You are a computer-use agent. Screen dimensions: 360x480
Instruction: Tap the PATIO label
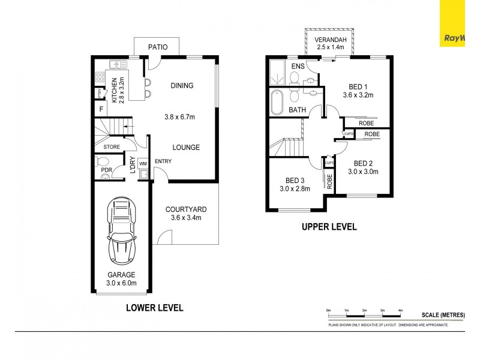tap(155, 47)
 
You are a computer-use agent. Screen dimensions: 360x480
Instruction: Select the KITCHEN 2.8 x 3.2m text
tap(117, 89)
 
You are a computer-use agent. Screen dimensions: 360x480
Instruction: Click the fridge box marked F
tap(101, 109)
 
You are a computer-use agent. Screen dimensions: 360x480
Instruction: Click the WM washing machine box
tap(143, 163)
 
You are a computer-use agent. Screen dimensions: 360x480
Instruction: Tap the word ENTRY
tap(163, 161)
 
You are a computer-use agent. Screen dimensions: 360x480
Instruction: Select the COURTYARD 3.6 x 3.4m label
tap(186, 214)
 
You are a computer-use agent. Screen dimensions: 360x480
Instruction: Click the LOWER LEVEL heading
tap(154, 308)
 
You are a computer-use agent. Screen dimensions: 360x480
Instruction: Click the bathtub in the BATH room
tap(277, 103)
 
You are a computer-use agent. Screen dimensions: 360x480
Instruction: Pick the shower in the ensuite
tap(278, 73)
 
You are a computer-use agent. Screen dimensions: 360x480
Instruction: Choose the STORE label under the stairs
tap(112, 146)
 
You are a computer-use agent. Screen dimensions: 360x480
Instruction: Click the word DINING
tap(182, 85)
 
